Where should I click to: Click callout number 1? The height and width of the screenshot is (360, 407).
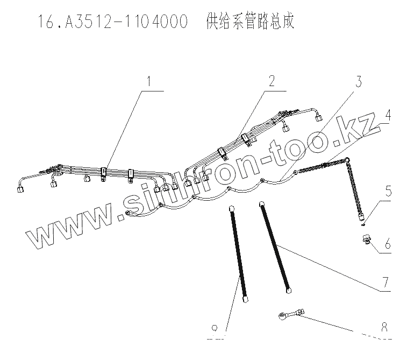149,82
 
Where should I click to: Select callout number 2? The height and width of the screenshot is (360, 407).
272,82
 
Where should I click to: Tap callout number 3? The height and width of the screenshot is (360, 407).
359,82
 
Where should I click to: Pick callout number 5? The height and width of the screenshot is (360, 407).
387,192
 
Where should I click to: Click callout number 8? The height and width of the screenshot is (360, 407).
383,327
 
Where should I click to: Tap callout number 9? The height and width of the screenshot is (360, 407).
215,328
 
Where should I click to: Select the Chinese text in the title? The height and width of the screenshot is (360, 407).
250,23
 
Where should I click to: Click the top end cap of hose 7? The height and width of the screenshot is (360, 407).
261,204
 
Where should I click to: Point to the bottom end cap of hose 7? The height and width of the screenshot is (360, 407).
289,291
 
